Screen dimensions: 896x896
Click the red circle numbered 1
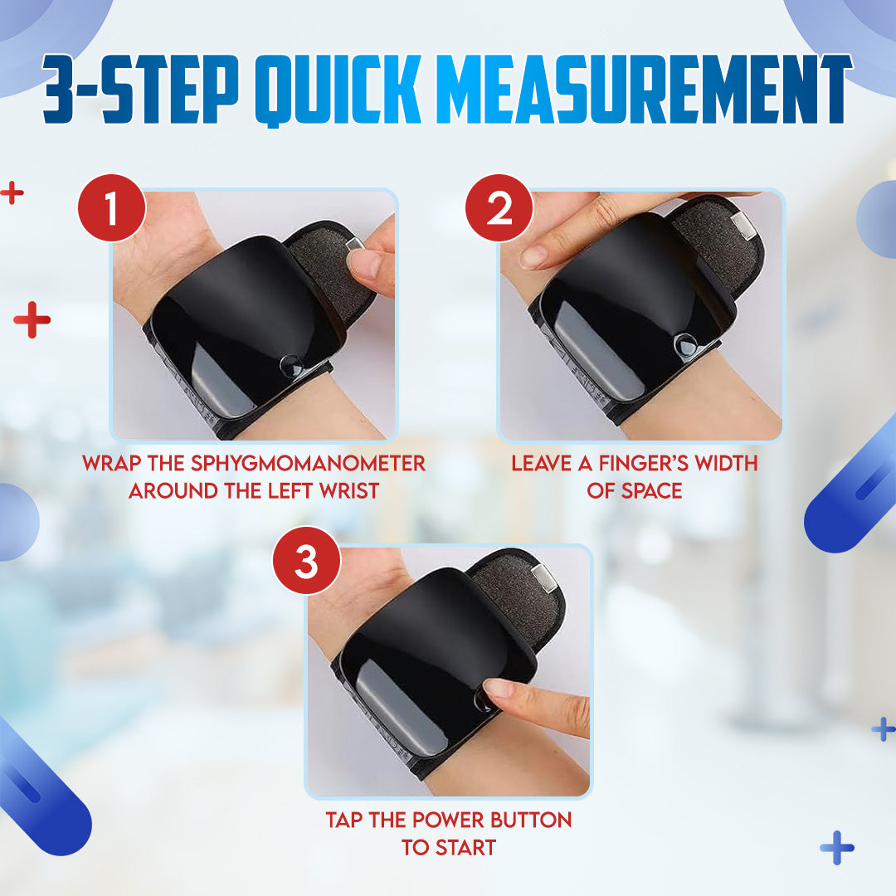[112, 208]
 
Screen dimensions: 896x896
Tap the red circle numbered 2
[499, 208]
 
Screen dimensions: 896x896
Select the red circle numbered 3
[307, 561]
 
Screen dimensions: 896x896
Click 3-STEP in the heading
[140, 89]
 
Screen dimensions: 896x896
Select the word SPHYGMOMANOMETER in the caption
[308, 464]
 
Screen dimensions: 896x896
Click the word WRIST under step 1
[349, 491]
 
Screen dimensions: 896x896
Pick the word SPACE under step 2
[651, 491]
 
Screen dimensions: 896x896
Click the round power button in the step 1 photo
[290, 366]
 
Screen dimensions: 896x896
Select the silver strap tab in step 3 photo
[543, 577]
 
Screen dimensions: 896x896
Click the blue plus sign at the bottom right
[836, 847]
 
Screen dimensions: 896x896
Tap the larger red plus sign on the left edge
[32, 319]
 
